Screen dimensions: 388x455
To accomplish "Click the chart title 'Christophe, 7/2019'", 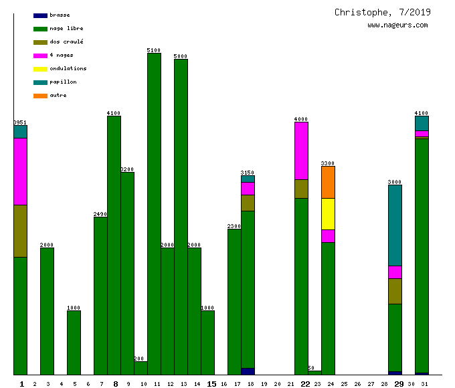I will [383, 12].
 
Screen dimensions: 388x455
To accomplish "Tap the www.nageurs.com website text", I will [397, 25].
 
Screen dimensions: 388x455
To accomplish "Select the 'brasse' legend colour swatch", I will [40, 15].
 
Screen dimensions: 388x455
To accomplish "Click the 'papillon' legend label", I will [63, 82].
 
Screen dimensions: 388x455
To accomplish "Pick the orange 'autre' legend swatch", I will [40, 95].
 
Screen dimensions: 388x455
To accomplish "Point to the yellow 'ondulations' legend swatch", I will [40, 68].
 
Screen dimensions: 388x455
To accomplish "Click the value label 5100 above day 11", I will [154, 50].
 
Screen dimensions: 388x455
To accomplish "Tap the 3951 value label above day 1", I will [20, 122].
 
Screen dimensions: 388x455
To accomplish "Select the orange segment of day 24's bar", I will [328, 182].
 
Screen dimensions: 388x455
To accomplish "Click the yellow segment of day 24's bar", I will [328, 214].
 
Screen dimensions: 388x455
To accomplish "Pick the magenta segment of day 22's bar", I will [301, 151].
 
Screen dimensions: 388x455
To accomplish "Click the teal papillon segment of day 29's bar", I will [395, 225].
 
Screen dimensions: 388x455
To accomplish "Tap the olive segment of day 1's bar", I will [20, 231].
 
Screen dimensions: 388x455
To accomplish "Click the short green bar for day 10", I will [141, 368].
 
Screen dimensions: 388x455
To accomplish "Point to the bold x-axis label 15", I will [211, 384].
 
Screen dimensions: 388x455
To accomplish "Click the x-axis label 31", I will [424, 384].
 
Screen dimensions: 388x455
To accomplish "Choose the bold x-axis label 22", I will [305, 384].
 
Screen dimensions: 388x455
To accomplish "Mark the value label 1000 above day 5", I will [74, 308].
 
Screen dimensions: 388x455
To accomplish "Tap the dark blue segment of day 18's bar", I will [248, 371].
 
